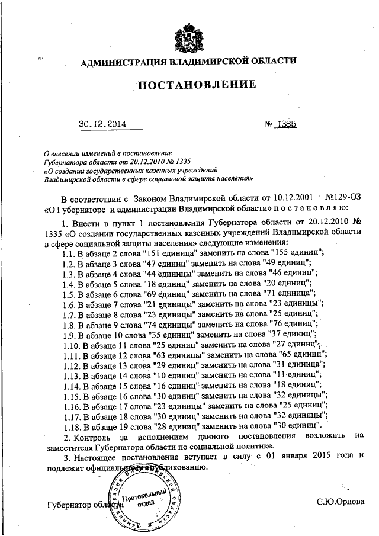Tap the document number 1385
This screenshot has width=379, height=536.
290,124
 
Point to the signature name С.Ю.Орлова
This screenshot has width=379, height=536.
341,503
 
